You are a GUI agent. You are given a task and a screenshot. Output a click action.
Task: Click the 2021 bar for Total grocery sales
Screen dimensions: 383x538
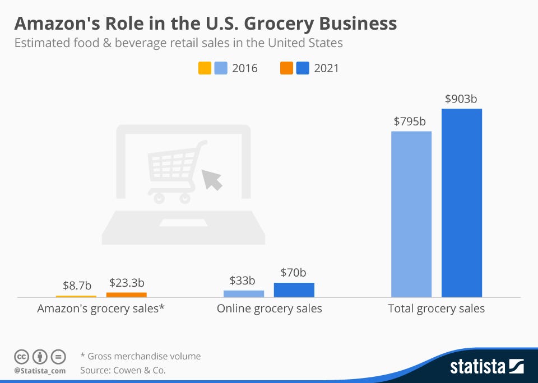(461, 203)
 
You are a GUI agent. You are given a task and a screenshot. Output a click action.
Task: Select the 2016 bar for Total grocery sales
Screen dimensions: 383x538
(411, 214)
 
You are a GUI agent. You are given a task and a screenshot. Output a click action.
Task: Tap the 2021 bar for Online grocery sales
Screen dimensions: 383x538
(294, 289)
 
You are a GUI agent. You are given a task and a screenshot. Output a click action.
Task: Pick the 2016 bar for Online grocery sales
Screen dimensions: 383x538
(243, 293)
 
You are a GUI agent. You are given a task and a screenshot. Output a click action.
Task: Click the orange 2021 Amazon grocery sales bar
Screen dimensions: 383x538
(126, 295)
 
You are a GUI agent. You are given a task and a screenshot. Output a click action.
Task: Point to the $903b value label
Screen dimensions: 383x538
(461, 99)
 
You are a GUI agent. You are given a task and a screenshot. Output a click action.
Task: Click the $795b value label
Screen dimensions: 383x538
(410, 122)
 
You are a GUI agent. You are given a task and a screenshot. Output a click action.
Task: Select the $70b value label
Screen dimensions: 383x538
(294, 273)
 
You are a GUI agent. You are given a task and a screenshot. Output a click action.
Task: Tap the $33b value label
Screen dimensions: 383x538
(243, 281)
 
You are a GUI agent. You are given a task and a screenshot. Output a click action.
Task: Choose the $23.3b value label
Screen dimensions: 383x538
(127, 283)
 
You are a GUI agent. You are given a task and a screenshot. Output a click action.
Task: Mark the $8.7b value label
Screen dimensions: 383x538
(76, 285)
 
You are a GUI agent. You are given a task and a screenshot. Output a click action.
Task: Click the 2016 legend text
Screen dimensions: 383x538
(245, 69)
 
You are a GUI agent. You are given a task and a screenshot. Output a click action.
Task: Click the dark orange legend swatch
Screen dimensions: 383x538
(286, 69)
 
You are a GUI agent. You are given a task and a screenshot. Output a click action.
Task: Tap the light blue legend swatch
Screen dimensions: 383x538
(220, 69)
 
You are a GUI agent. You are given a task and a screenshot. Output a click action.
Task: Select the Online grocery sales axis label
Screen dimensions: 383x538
(270, 309)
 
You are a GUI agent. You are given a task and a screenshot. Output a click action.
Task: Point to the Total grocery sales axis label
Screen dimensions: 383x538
(436, 309)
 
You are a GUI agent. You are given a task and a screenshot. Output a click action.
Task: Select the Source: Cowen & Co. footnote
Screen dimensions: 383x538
(123, 370)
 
